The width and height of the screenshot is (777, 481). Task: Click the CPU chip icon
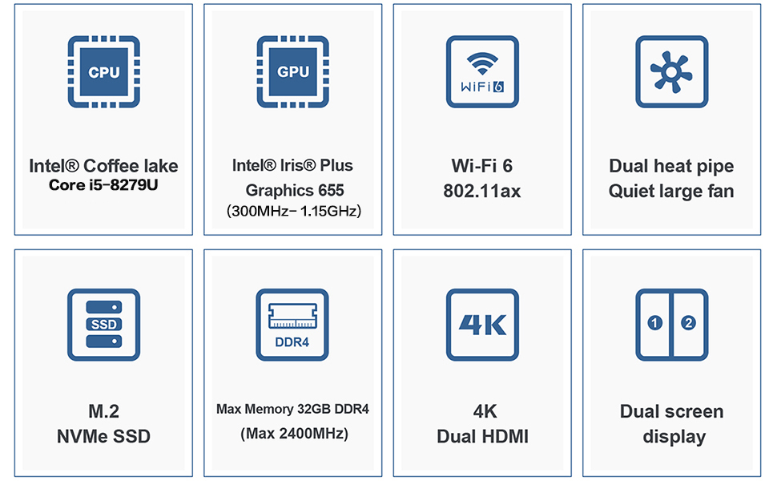[103, 72]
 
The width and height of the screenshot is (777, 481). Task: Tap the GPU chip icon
[293, 72]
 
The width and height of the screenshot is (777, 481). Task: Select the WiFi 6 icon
[482, 72]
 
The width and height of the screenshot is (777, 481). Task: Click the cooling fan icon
[671, 72]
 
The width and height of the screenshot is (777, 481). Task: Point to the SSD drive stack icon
[103, 324]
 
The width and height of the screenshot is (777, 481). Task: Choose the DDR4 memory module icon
[293, 324]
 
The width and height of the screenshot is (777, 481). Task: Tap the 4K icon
[482, 324]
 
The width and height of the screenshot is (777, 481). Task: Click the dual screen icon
[671, 324]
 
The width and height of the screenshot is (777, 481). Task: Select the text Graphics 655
[294, 190]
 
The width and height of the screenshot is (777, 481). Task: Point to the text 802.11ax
[482, 191]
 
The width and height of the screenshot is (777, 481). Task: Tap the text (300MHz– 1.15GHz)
[294, 212]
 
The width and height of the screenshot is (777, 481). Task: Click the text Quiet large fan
[671, 191]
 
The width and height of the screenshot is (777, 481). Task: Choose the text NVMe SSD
[103, 437]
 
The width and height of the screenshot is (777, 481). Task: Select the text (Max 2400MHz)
[294, 435]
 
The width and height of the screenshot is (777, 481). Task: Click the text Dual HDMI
[482, 437]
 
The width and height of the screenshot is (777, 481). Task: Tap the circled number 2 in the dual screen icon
[688, 323]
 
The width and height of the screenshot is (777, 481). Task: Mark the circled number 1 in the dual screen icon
[655, 323]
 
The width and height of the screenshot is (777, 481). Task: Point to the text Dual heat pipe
[671, 166]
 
